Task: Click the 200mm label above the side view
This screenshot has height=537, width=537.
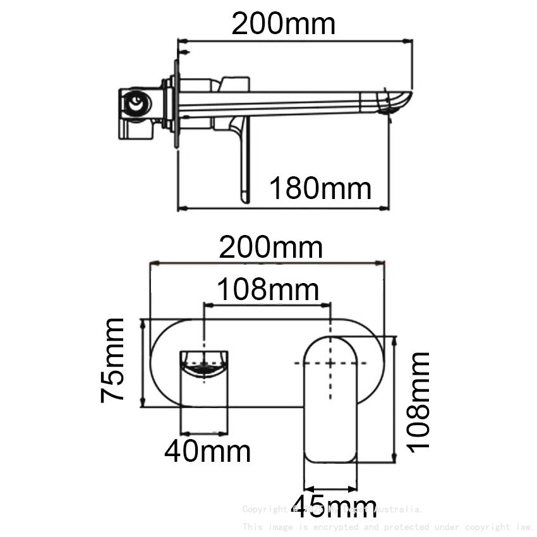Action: click(283, 24)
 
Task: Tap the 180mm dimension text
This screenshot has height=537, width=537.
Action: click(320, 188)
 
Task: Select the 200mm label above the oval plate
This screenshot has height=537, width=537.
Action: click(270, 248)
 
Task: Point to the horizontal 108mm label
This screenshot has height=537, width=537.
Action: click(267, 290)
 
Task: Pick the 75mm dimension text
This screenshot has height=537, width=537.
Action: click(113, 360)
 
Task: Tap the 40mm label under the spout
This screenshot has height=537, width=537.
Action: click(207, 451)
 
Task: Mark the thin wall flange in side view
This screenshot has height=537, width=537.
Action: click(176, 104)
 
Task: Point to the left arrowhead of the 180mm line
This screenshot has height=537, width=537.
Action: click(181, 207)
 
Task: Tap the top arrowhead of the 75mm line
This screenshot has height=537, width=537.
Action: click(145, 322)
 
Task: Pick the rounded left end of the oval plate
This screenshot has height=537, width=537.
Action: click(158, 363)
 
